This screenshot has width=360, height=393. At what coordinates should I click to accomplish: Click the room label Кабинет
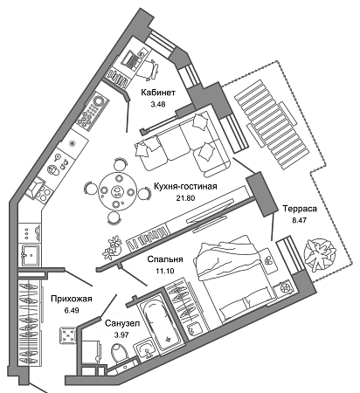(158, 93)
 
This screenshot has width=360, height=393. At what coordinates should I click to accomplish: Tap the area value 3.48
(158, 104)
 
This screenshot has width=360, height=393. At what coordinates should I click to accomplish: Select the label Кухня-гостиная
(185, 186)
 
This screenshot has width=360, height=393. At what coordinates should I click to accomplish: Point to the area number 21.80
(185, 198)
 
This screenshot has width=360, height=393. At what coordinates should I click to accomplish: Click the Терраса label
(300, 209)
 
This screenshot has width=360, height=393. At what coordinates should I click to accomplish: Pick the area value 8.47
(300, 220)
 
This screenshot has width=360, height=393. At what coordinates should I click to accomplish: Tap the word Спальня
(165, 259)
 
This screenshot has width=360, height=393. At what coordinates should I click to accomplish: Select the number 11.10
(165, 271)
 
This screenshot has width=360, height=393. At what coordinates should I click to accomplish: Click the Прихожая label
(72, 299)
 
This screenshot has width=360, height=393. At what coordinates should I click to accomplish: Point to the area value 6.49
(72, 310)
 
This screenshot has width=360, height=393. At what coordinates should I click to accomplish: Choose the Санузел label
(122, 323)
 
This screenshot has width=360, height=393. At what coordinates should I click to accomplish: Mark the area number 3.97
(121, 334)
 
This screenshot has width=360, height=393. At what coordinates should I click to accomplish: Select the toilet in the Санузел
(121, 353)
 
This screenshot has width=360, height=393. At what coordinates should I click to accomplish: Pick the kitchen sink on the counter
(31, 255)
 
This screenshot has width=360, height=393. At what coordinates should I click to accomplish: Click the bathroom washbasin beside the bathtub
(146, 349)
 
